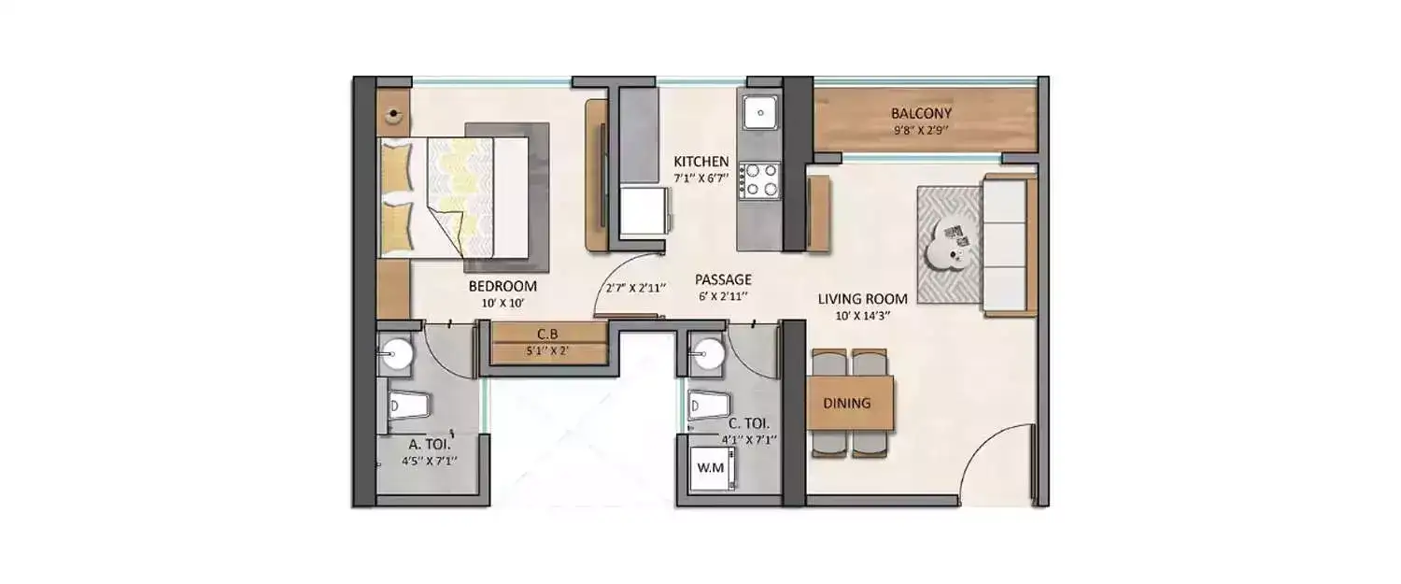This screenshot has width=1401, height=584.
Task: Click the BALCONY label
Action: (921, 113)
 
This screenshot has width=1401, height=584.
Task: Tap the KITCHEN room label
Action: (701, 162)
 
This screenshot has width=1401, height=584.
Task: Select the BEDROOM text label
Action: (502, 286)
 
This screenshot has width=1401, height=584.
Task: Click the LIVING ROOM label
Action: (862, 299)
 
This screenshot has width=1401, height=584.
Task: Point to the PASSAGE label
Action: (723, 279)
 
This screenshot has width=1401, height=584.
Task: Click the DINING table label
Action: (847, 403)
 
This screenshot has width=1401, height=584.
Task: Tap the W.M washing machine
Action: (713, 468)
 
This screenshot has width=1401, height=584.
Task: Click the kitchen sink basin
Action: (760, 113)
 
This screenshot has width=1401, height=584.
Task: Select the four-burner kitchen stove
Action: (760, 181)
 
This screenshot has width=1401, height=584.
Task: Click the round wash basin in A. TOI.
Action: (395, 355)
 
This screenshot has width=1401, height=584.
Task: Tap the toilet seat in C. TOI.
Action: (708, 406)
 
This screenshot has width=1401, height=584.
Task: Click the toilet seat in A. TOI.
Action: (409, 406)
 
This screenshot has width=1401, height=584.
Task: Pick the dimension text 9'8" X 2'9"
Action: (921, 131)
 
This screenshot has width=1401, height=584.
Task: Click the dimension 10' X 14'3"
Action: (862, 316)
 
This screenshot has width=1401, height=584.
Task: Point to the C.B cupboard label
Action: (547, 335)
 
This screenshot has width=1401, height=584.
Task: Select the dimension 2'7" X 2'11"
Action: (635, 289)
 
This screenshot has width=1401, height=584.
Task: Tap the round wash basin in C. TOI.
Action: (708, 355)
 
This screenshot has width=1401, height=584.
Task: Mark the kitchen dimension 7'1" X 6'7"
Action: (701, 178)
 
